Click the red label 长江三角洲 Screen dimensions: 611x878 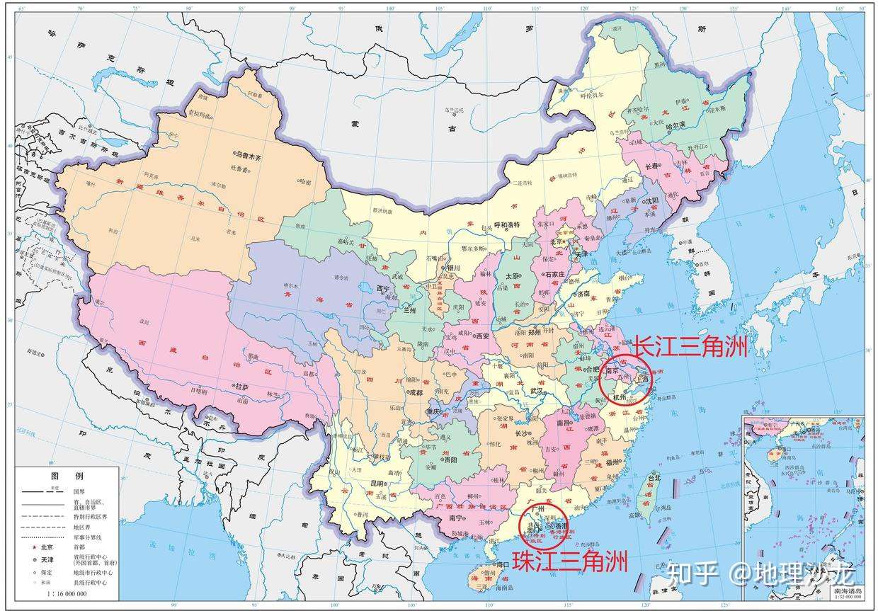click(x=690, y=347)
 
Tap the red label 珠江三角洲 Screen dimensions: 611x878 click(x=570, y=561)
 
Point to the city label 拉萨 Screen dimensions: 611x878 click(x=242, y=387)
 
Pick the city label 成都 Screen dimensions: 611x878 click(x=416, y=392)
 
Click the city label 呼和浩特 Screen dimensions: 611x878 click(x=507, y=224)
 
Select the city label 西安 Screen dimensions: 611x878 click(x=481, y=336)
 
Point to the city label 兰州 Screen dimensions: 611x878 click(x=409, y=309)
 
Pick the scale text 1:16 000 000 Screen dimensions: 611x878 click(x=67, y=593)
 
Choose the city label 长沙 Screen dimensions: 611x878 click(x=522, y=434)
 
